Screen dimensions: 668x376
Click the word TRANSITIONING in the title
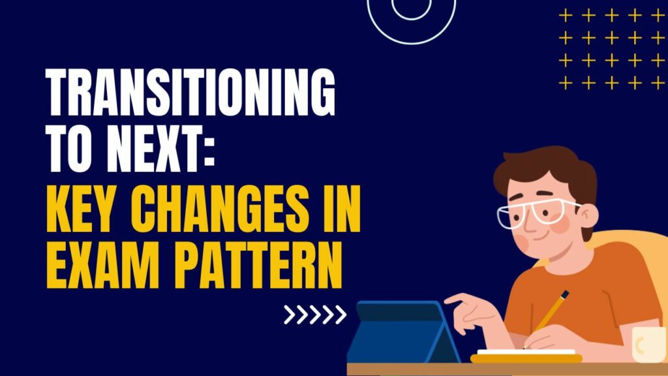190,91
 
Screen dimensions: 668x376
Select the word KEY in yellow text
82,208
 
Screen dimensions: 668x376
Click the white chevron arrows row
315,315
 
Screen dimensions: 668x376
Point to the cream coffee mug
649,345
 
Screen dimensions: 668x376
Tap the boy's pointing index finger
455,298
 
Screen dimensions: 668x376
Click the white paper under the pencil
526,352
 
